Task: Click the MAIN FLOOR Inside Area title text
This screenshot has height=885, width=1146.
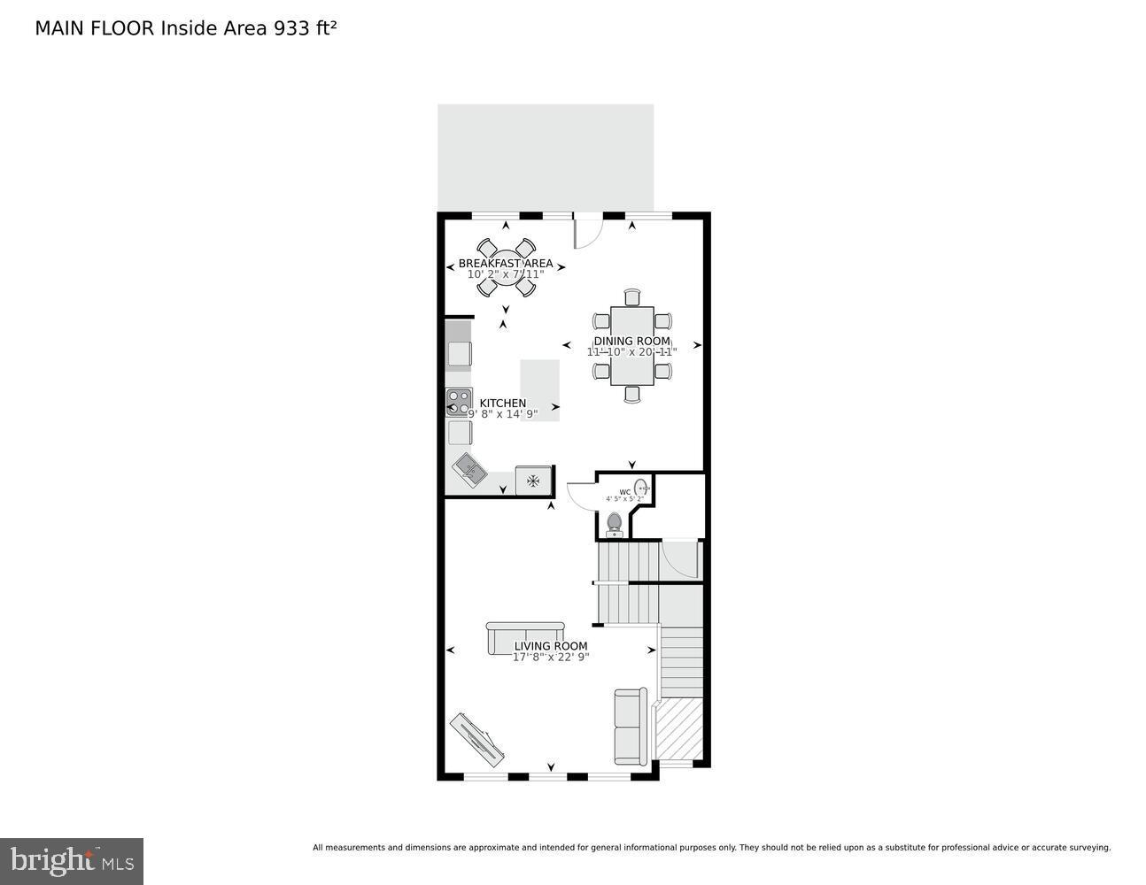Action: click(185, 28)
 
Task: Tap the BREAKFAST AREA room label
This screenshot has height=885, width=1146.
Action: click(505, 264)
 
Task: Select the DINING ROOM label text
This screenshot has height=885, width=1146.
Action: click(631, 342)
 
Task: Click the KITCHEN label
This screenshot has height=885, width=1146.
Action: click(502, 404)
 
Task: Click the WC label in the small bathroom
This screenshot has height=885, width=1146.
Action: click(624, 492)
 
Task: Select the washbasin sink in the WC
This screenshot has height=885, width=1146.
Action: click(642, 488)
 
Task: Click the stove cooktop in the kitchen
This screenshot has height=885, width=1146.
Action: click(458, 403)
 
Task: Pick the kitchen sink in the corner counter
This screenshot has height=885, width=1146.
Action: click(469, 467)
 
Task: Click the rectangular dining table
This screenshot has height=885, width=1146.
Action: click(631, 345)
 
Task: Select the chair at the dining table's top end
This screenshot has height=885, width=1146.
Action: click(631, 296)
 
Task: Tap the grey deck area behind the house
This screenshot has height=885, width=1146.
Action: click(546, 157)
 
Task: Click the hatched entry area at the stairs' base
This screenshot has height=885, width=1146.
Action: click(679, 729)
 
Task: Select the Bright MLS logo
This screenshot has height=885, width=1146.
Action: click(72, 860)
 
